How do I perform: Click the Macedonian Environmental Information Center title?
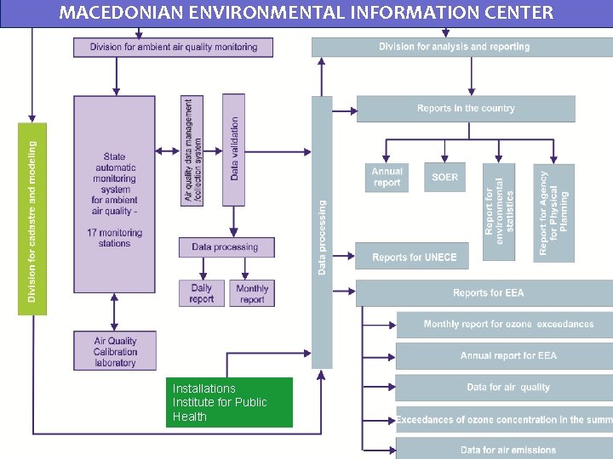pos(306,13)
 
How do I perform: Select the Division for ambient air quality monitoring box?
pos(173,47)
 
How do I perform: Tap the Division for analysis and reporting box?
pos(455,47)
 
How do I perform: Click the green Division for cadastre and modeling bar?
pos(32,219)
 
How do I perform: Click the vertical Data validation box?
pos(233,150)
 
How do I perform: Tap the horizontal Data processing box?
pos(226,247)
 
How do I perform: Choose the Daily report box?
pos(202,293)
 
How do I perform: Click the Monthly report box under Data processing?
pos(252,293)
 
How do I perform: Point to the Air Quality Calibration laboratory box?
pos(115,351)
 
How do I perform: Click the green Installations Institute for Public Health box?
pos(229,402)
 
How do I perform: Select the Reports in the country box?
pos(466,109)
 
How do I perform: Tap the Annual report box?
pos(387,178)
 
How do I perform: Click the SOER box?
pos(444,178)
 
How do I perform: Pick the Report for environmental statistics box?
pos(499,212)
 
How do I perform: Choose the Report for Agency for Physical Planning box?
pos(553,212)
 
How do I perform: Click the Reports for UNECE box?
pos(414,257)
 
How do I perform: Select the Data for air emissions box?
pos(507,449)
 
